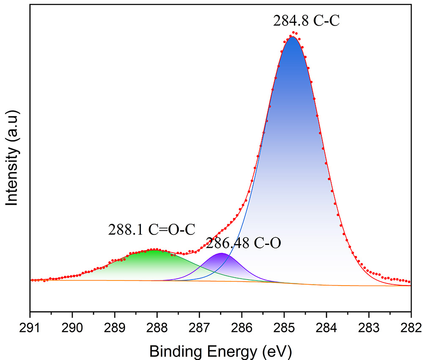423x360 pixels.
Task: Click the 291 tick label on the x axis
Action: click(x=30, y=327)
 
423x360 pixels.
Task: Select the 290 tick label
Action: click(x=72, y=327)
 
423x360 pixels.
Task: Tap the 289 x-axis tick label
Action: click(x=115, y=327)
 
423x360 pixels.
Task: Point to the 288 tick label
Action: click(x=157, y=327)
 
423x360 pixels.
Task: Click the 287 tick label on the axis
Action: click(x=199, y=327)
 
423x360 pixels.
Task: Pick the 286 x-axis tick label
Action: click(x=242, y=327)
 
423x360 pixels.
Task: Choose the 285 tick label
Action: click(x=284, y=327)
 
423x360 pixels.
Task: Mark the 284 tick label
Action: click(x=327, y=327)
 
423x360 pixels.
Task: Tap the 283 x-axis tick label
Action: click(x=369, y=327)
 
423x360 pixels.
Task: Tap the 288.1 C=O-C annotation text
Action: click(x=151, y=229)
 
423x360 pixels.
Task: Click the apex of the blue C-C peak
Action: click(x=292, y=37)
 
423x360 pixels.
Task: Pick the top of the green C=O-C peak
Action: click(x=154, y=250)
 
